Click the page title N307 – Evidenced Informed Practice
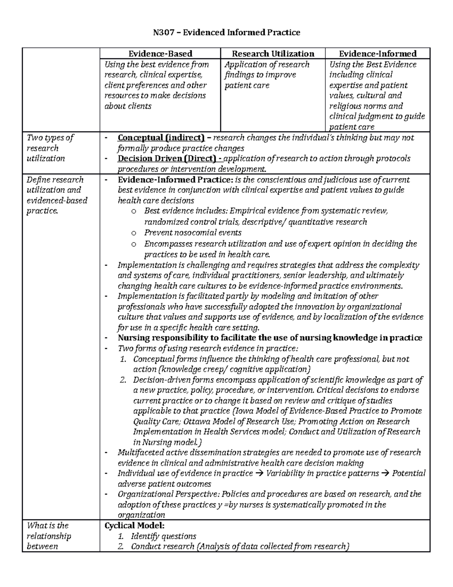click(226, 33)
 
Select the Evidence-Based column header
click(160, 54)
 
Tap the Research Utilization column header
click(273, 54)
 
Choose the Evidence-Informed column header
click(377, 54)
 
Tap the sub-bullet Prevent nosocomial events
click(193, 232)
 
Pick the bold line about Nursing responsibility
click(270, 338)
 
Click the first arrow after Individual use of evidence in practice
click(259, 473)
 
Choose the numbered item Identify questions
click(163, 536)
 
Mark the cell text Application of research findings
click(267, 70)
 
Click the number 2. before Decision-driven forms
click(123, 380)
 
